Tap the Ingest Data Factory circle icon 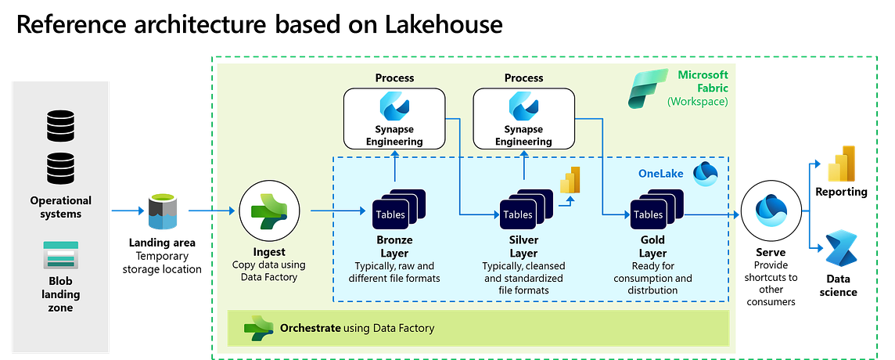(269, 211)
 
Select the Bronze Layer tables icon (397, 211)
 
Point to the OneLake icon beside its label (705, 173)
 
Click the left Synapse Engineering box (394, 118)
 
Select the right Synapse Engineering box (523, 118)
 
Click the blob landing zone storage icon (61, 256)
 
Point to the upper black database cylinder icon (61, 125)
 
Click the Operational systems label (61, 207)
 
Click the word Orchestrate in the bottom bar (310, 328)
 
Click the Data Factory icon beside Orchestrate (258, 328)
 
